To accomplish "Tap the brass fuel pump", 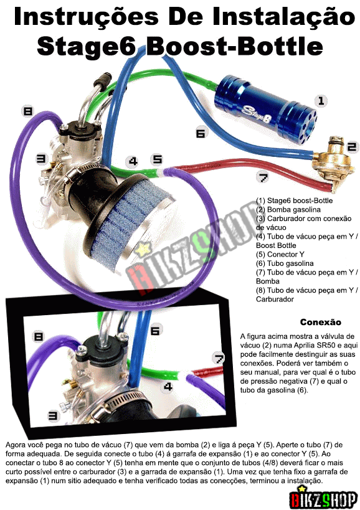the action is [x=333, y=164].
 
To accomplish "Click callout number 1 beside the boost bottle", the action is [x=321, y=100].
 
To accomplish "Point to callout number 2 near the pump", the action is [x=351, y=148].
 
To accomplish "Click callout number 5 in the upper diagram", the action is [x=158, y=159].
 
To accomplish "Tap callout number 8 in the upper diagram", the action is [x=27, y=111].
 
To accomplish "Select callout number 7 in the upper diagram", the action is [x=263, y=177].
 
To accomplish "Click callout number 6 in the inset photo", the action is [x=156, y=331].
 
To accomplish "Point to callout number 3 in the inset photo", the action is [x=53, y=415].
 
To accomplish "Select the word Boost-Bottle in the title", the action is [x=235, y=47].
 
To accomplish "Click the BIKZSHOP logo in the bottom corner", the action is [x=324, y=498].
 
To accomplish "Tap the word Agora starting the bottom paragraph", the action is [x=15, y=445].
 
